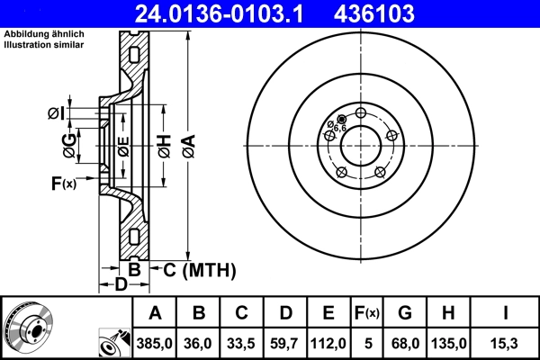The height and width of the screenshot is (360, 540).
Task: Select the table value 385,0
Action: pyautogui.click(x=155, y=343)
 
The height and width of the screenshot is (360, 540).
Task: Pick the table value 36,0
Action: pyautogui.click(x=199, y=343)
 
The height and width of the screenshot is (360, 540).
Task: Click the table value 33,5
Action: pyautogui.click(x=242, y=343)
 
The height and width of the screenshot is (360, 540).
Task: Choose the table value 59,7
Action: pyautogui.click(x=285, y=343)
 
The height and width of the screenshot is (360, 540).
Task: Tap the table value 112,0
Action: pyautogui.click(x=328, y=343)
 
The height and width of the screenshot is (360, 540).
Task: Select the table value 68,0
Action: pyautogui.click(x=407, y=343)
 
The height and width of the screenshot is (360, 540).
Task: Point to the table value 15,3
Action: pyautogui.click(x=504, y=343)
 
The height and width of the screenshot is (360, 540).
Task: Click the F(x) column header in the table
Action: pyautogui.click(x=368, y=313)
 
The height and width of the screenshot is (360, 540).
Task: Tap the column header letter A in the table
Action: pyautogui.click(x=155, y=313)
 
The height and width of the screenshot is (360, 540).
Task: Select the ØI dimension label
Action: pyautogui.click(x=55, y=113)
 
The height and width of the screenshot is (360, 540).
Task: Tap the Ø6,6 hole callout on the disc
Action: pyautogui.click(x=336, y=127)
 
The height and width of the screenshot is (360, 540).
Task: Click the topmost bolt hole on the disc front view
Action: pyautogui.click(x=361, y=113)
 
